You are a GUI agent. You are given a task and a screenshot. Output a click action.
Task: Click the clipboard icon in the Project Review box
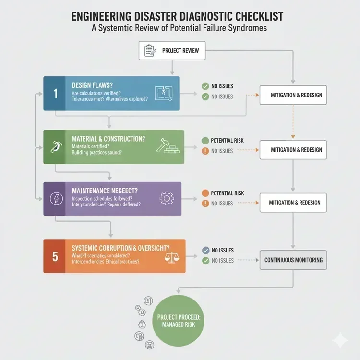[149, 50]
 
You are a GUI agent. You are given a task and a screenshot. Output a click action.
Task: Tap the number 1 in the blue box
[56, 94]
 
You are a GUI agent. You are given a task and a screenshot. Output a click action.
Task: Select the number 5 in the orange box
[55, 257]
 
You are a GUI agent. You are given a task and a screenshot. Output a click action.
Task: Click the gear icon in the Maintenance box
[167, 198]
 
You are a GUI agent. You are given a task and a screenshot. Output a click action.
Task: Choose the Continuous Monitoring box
[293, 260]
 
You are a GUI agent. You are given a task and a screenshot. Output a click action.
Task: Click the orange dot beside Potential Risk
[204, 193]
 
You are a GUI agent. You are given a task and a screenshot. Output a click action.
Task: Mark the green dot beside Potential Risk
[204, 141]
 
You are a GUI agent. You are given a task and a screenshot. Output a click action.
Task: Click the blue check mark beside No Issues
[205, 250]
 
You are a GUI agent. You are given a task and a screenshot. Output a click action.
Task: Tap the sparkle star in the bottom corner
[340, 340]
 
